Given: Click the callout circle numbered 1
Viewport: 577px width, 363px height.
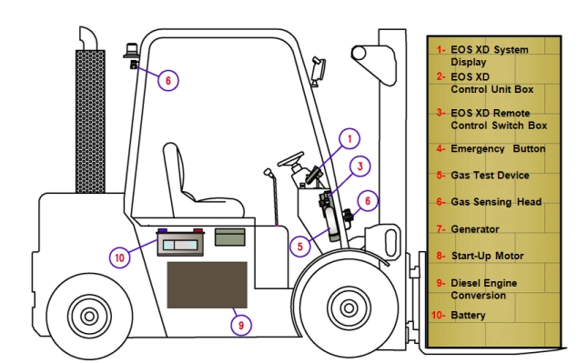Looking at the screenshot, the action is coord(349,138).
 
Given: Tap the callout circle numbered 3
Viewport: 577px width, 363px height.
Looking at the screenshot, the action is coord(359,166).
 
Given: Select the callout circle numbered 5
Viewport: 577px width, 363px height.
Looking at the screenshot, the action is coord(300,246).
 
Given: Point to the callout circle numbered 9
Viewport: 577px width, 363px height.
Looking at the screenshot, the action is coord(241,325).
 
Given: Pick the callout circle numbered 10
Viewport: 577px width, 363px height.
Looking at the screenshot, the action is coord(119,257).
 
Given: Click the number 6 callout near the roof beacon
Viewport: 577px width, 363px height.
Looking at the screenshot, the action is coord(168,80).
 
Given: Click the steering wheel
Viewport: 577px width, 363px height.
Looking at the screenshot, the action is coord(290,159).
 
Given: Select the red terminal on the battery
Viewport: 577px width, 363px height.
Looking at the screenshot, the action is coord(198,230).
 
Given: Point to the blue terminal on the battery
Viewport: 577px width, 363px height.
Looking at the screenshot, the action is coord(162,230).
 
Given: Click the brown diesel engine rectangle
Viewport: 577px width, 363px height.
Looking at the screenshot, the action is coord(208,285).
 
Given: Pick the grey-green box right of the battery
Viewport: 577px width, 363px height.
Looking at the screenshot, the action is coord(230,237).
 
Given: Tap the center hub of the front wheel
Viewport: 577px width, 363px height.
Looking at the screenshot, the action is coord(349,308).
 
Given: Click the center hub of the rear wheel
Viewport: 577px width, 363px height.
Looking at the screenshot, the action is coord(89,316).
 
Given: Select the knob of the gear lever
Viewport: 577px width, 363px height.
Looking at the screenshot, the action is coord(268,172).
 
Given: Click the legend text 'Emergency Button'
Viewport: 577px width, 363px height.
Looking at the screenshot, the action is coord(498,149).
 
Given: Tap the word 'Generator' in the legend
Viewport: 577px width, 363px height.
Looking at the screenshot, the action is coord(475,229).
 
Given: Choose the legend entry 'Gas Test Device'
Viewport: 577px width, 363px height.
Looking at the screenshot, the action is coord(490,176).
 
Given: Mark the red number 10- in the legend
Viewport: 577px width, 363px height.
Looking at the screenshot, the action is coord(438,315).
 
